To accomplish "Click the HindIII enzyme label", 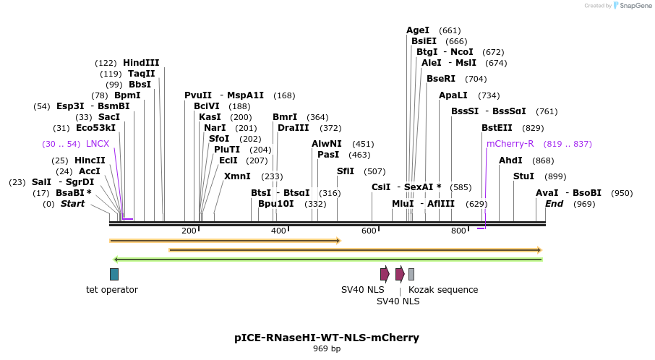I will [x=141, y=63].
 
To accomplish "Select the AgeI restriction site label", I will [x=417, y=30].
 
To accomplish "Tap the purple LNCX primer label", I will [x=98, y=144].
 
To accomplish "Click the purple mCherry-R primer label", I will [x=510, y=144].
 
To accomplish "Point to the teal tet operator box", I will [x=114, y=274].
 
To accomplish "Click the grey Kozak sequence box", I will [x=411, y=274].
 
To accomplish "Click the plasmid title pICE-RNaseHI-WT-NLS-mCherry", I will [x=327, y=338].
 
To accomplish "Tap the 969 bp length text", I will [x=327, y=349].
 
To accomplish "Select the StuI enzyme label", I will [x=523, y=176].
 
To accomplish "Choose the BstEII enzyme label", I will [x=497, y=128].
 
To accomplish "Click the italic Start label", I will [x=72, y=204].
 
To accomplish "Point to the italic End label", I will [x=554, y=204].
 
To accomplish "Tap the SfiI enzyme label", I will [x=346, y=171].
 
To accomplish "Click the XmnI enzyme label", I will [x=237, y=176].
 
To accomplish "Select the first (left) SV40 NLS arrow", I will [x=385, y=274].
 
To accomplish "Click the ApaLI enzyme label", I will [x=453, y=95].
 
